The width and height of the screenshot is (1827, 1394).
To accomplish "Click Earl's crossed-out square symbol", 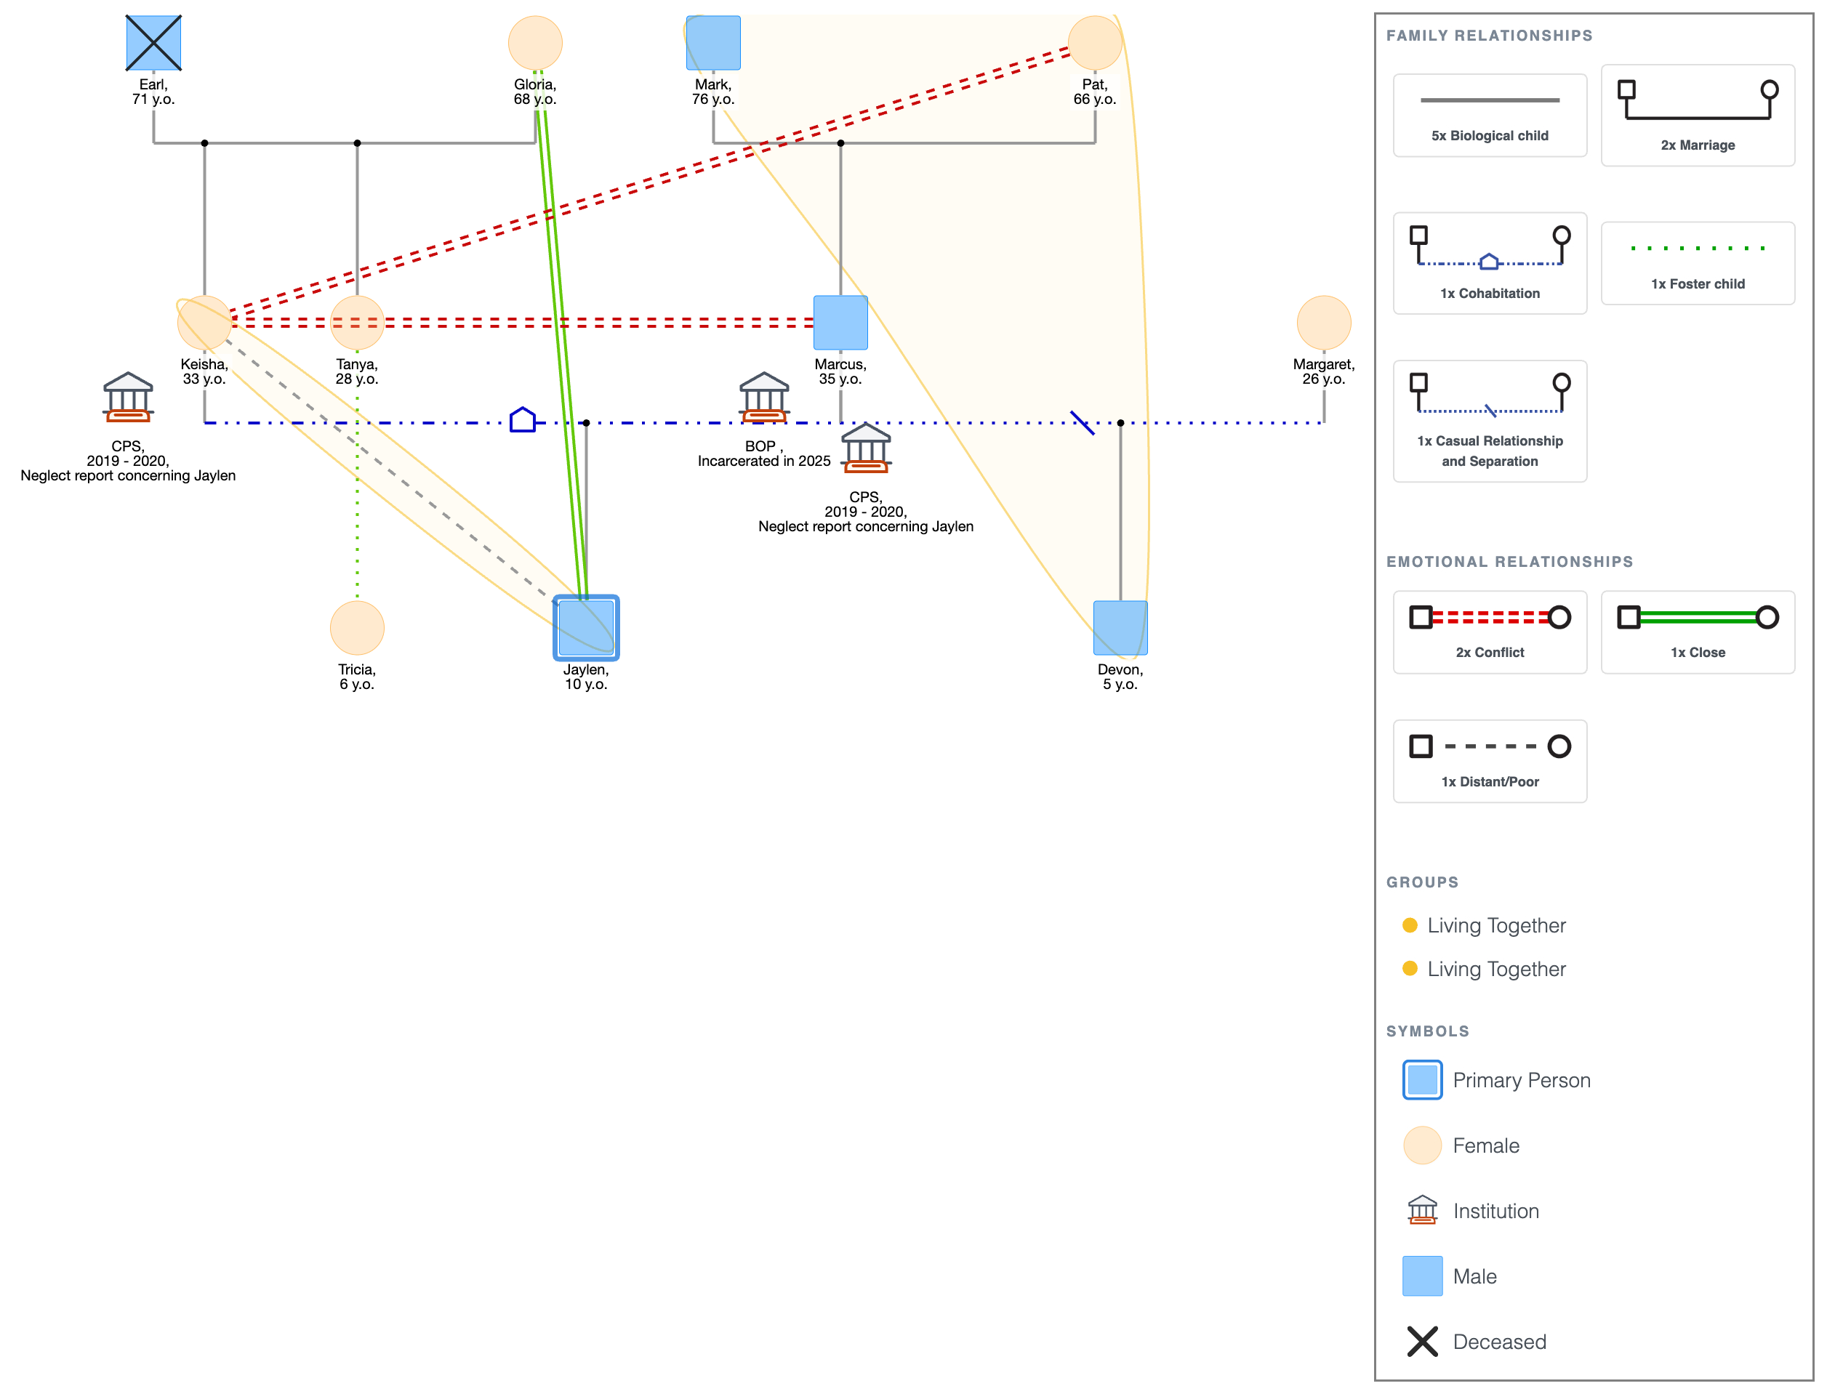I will [153, 42].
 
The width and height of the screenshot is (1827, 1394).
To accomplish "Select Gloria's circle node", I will [535, 42].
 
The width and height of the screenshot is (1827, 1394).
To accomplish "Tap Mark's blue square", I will [713, 42].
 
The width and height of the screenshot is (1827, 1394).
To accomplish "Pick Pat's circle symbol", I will [1095, 42].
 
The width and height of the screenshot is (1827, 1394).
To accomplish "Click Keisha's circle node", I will [204, 323].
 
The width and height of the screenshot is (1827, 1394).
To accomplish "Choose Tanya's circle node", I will [357, 323].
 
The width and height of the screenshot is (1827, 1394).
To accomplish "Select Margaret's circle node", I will [1324, 323].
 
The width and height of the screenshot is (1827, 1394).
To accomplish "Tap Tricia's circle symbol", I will [357, 628].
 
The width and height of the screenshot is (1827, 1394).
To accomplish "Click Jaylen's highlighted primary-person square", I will [586, 628].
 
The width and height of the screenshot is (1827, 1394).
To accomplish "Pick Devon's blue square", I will [1120, 628].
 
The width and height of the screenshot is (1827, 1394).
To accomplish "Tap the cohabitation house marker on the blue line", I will [522, 420].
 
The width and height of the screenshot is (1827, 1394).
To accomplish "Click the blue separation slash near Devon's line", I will [1083, 422].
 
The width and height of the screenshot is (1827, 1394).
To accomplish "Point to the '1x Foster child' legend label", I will [1698, 283].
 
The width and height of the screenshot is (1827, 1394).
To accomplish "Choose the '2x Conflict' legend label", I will [1489, 652].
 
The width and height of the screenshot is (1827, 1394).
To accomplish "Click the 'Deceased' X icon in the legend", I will [1422, 1342].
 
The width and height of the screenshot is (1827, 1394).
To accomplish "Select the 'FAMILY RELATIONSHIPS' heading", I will [1489, 36].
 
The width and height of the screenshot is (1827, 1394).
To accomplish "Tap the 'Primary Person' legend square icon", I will [1422, 1079].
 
